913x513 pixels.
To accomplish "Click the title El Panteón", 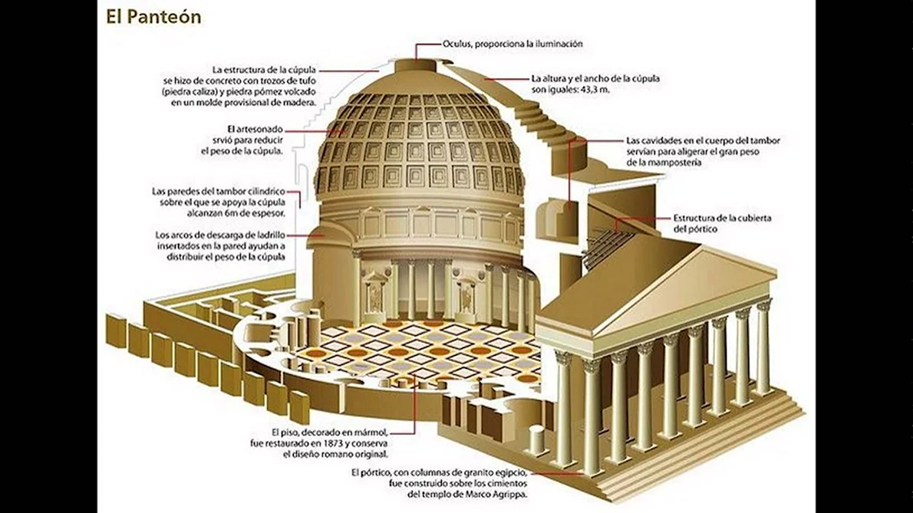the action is [153, 17].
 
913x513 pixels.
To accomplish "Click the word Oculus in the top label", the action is [457, 44].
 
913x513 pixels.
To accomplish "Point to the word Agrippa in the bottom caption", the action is [510, 495].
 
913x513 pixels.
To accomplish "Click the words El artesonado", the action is [255, 129].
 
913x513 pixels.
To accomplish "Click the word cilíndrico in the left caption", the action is [265, 192].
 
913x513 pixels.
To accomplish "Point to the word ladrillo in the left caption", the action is [271, 235].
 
